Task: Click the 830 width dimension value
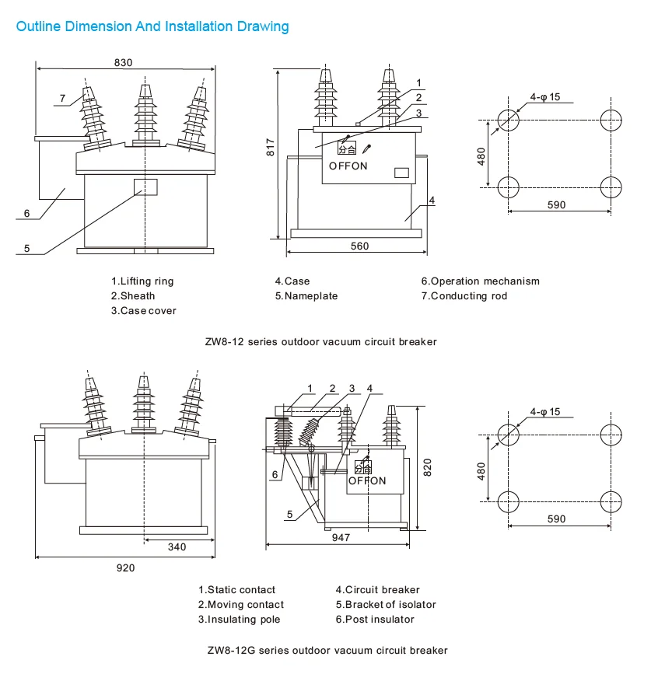pos(123,62)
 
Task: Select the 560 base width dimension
pos(359,246)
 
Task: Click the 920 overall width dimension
pos(125,568)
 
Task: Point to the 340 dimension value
pos(177,547)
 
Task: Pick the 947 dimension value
pos(340,537)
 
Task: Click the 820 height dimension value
pos(426,466)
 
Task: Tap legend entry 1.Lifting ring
pos(142,281)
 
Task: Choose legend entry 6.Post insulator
pos(375,620)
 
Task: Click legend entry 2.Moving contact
pos(240,605)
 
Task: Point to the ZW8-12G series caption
pos(327,650)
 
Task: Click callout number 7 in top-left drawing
pos(63,98)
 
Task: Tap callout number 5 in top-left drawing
pos(26,249)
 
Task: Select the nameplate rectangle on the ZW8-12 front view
pos(145,187)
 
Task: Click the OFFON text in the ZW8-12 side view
pos(348,166)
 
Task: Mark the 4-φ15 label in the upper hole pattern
pos(545,97)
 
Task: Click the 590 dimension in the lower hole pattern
pos(556,519)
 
